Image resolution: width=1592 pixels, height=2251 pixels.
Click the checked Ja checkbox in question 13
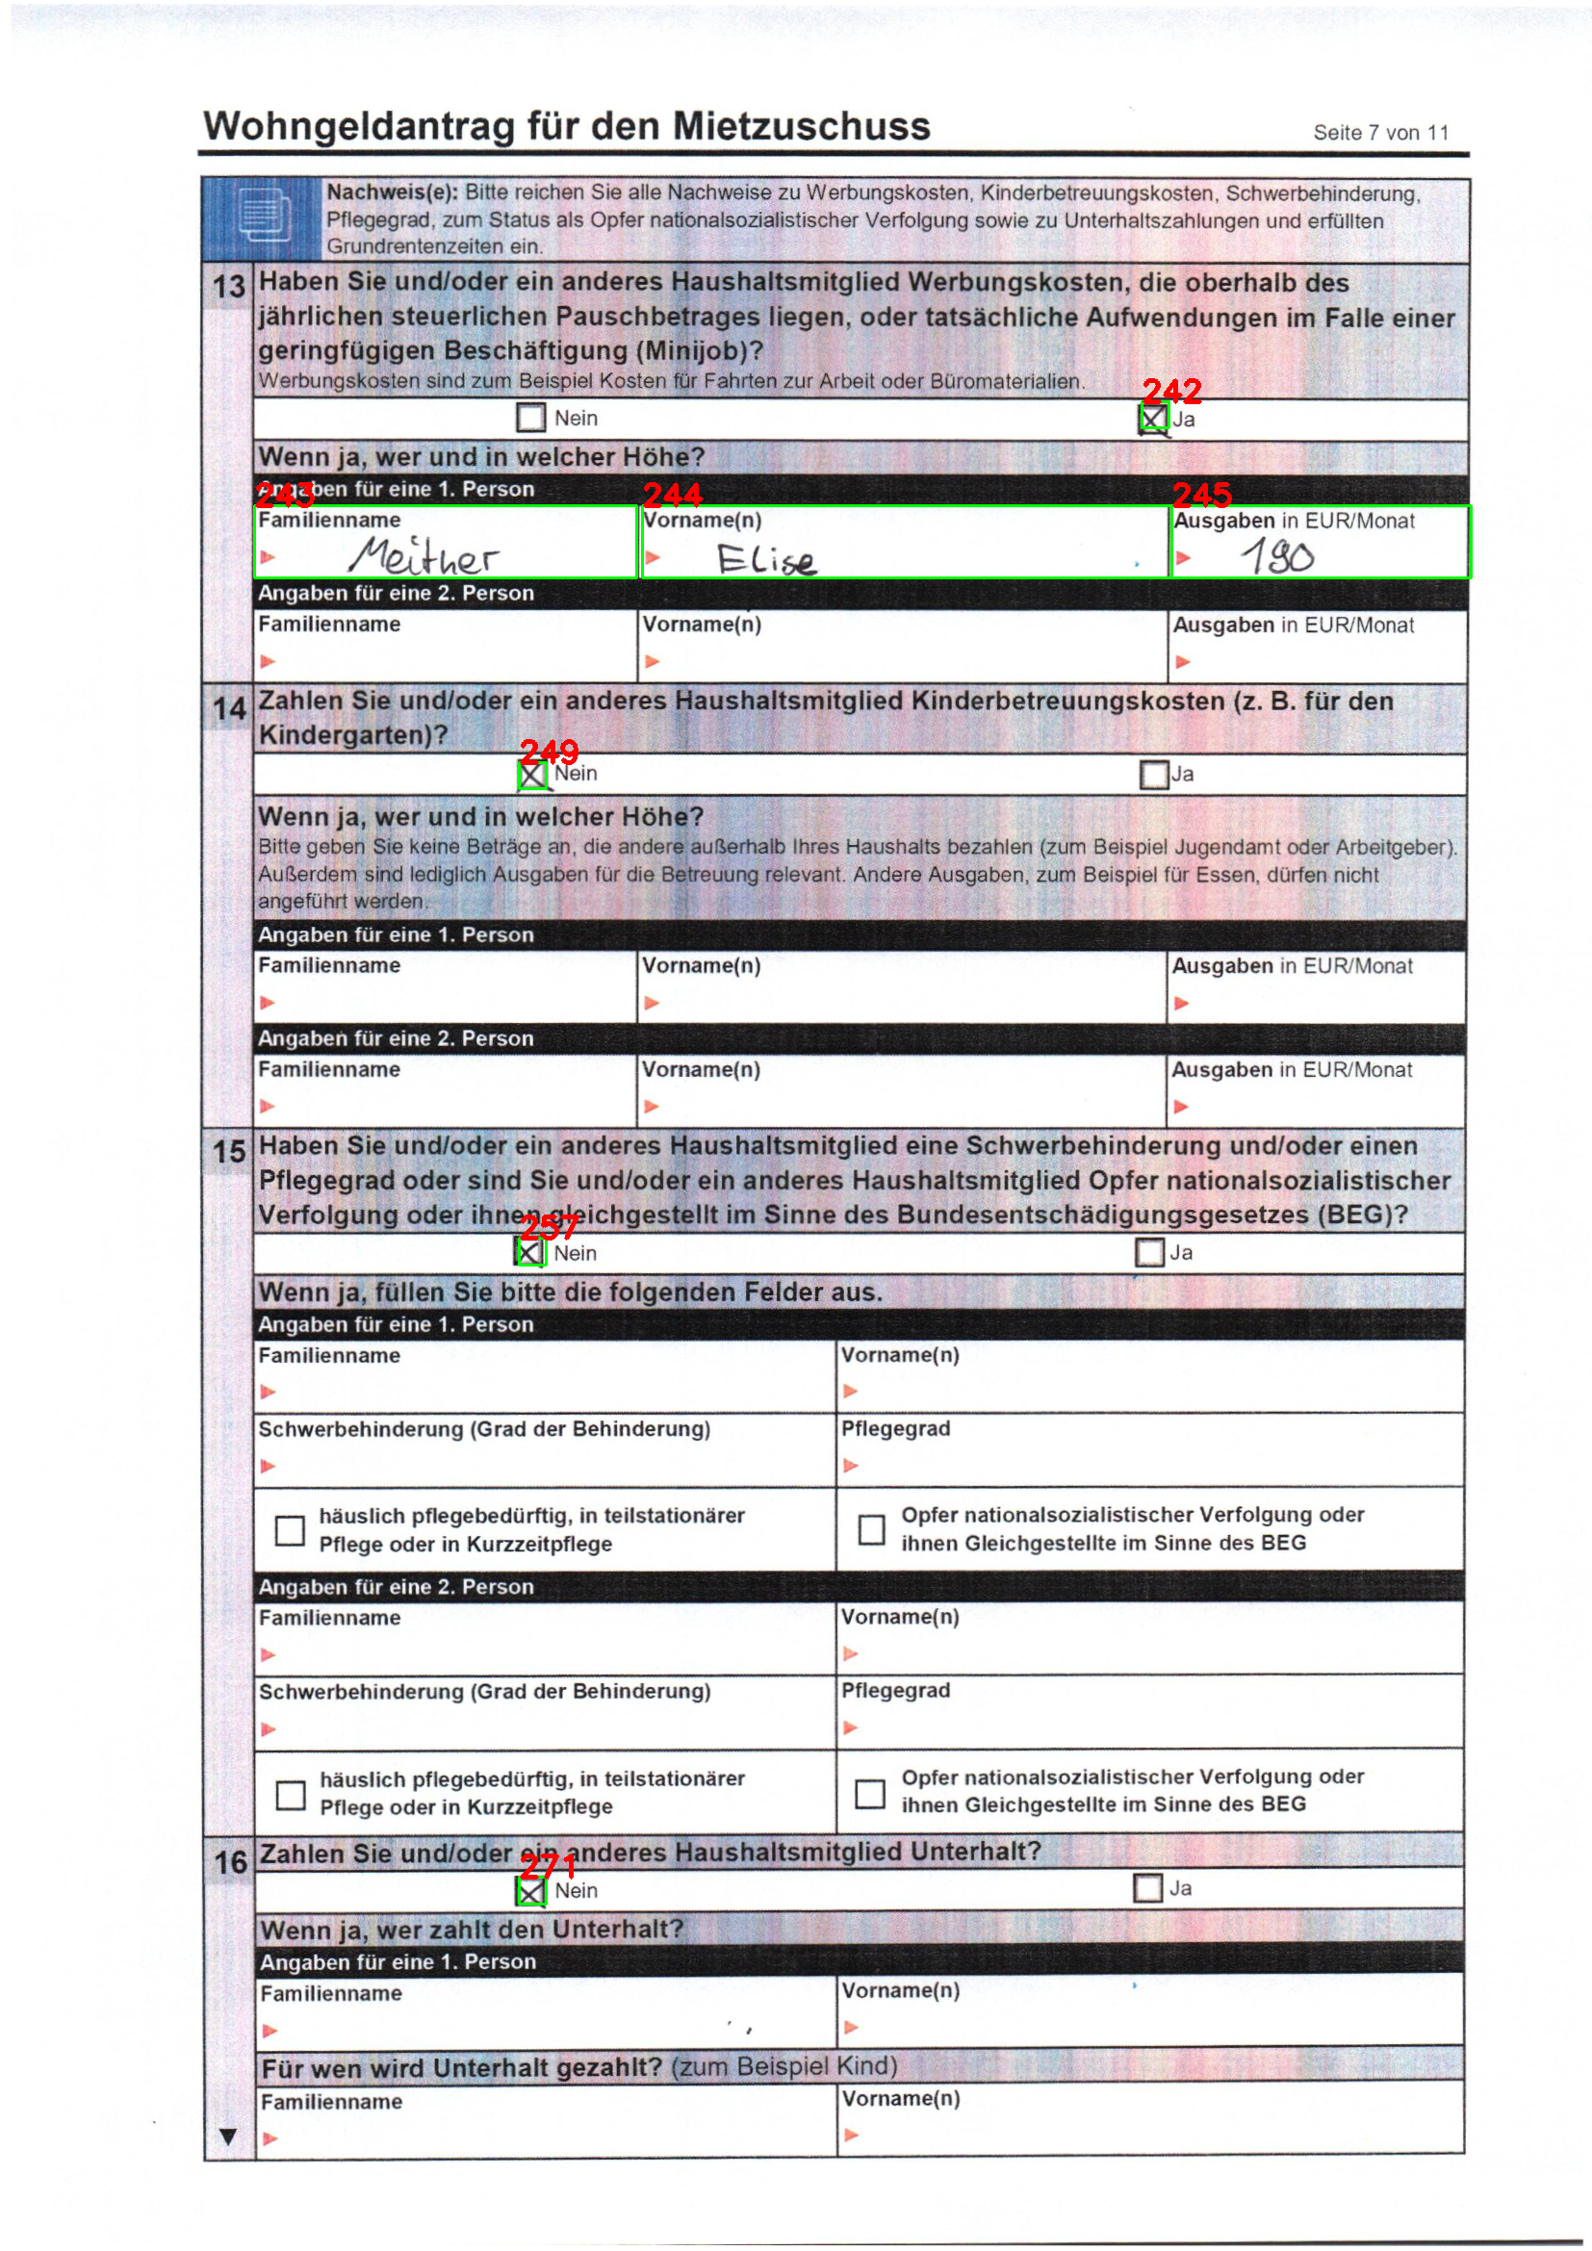coord(1153,419)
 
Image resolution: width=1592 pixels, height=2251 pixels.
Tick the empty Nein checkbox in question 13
coord(530,418)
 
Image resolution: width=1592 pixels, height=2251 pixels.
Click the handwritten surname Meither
coord(424,557)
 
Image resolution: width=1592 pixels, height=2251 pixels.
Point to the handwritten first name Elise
coord(765,560)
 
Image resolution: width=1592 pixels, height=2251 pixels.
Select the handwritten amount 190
coord(1277,557)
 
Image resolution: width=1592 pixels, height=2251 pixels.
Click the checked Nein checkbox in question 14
coord(531,775)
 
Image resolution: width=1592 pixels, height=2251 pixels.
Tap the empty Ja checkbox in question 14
coord(1154,775)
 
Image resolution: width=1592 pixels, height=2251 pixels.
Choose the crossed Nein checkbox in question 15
coord(529,1252)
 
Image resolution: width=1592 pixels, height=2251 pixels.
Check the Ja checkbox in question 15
coord(1149,1252)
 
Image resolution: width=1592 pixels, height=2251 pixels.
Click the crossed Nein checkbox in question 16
coord(530,1891)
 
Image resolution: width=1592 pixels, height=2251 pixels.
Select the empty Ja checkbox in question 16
coord(1147,1888)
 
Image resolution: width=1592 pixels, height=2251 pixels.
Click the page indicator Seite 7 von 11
coord(1380,134)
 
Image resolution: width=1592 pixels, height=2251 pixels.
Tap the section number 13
coord(228,286)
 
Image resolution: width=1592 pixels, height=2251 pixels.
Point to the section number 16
coord(230,1862)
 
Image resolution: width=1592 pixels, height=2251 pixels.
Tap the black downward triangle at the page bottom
coord(228,2136)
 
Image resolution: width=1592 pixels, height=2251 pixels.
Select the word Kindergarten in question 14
coord(346,735)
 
